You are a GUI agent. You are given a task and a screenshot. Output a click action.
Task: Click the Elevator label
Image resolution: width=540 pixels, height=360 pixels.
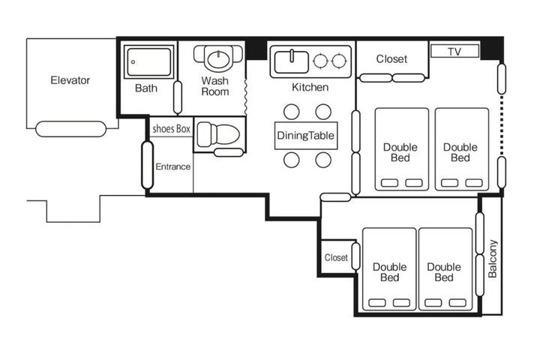point(70,80)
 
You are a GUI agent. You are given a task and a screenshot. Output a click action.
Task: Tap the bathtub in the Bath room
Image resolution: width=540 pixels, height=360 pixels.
point(148,62)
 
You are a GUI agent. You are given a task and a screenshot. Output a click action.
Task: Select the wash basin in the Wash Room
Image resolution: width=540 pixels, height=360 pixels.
point(218,59)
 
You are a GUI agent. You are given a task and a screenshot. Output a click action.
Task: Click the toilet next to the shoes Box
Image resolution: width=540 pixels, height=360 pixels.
point(218,134)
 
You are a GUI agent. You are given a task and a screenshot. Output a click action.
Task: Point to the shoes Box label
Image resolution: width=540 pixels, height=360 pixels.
point(171,129)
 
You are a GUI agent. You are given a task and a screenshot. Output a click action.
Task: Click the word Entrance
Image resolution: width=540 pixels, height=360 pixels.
point(173,166)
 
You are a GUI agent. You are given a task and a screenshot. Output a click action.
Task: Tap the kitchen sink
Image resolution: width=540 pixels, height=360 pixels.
point(291,61)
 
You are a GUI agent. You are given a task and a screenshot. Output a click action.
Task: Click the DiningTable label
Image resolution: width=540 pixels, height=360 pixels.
point(305,136)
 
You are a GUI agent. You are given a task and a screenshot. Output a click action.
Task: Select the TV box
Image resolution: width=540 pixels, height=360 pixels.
point(454,51)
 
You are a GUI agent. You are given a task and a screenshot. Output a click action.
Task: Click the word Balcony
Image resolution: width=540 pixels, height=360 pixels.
point(493,259)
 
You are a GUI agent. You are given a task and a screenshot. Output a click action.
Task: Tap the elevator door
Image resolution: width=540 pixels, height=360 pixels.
point(70,129)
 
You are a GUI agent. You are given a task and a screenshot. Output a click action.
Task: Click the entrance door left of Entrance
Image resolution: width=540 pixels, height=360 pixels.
point(148,165)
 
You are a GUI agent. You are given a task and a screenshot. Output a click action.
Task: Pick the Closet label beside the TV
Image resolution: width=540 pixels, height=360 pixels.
point(391,59)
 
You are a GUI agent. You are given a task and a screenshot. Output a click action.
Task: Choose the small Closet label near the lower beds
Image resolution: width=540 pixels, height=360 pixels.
point(336,257)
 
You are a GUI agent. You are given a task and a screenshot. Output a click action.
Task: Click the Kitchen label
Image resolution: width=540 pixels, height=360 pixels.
point(310,87)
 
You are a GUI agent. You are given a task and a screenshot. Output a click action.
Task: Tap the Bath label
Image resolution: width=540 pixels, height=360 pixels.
point(146,88)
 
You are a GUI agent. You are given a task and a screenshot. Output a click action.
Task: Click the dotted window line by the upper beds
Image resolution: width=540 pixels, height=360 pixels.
point(502,125)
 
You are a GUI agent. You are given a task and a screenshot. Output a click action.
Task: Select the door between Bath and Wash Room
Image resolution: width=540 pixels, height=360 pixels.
point(178,97)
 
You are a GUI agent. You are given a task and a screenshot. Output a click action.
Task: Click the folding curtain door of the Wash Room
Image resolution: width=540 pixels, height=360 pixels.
point(245,97)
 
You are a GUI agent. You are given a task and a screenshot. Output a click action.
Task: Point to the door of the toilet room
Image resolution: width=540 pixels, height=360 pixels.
point(229,152)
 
